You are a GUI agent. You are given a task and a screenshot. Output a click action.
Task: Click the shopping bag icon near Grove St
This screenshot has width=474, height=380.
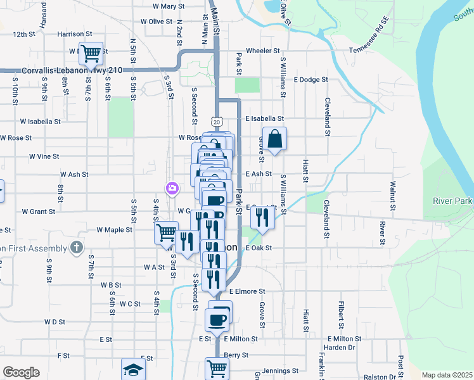[274, 139]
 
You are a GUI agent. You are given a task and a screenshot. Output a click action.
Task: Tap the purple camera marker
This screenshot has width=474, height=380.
[172, 188]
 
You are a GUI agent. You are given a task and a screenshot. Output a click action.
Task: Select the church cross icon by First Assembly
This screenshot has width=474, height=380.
[77, 248]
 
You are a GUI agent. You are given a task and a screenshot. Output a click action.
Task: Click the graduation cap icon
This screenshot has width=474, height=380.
[134, 369]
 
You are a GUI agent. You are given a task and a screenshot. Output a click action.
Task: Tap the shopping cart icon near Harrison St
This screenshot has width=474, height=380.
[91, 53]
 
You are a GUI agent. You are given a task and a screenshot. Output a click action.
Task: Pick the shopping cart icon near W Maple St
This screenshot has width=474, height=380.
[166, 232]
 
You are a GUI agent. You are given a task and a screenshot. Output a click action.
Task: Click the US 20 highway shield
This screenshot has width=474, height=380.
[217, 121]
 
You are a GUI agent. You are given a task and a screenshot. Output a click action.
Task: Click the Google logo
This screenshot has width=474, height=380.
[21, 372]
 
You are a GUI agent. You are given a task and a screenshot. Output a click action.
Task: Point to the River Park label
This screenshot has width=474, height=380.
[452, 201]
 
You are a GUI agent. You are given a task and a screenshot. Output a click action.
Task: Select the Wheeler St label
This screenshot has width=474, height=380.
[263, 51]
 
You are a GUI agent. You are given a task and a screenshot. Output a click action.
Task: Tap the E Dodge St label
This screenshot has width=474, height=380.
[311, 80]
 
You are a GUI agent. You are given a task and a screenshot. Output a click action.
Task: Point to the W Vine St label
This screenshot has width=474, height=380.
[44, 156]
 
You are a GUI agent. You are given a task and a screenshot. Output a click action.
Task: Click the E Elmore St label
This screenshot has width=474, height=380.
[247, 291]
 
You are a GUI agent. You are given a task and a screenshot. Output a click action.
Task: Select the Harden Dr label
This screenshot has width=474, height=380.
[340, 348]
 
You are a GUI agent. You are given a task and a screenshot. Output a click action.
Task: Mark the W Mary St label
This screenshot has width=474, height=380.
[168, 6]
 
